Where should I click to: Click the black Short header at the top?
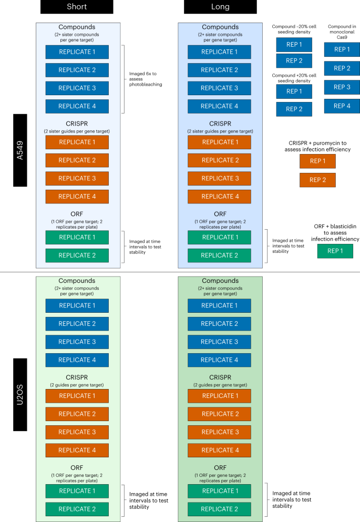77,6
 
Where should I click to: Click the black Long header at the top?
220,6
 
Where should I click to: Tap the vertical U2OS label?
20,395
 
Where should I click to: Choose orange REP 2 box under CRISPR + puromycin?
317,180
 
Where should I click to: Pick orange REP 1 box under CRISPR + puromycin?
317,161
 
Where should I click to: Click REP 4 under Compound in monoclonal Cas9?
342,106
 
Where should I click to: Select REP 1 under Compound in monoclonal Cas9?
342,49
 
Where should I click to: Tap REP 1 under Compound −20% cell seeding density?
294,45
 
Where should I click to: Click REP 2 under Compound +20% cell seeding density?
294,109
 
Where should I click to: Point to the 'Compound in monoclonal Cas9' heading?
342,29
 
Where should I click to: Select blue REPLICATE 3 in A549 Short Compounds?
77,88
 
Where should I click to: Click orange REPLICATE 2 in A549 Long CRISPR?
220,160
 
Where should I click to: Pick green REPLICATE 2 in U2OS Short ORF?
77,509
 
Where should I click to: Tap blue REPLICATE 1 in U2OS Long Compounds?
220,305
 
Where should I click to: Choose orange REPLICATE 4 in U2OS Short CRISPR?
77,451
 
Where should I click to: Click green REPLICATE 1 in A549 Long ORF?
220,237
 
